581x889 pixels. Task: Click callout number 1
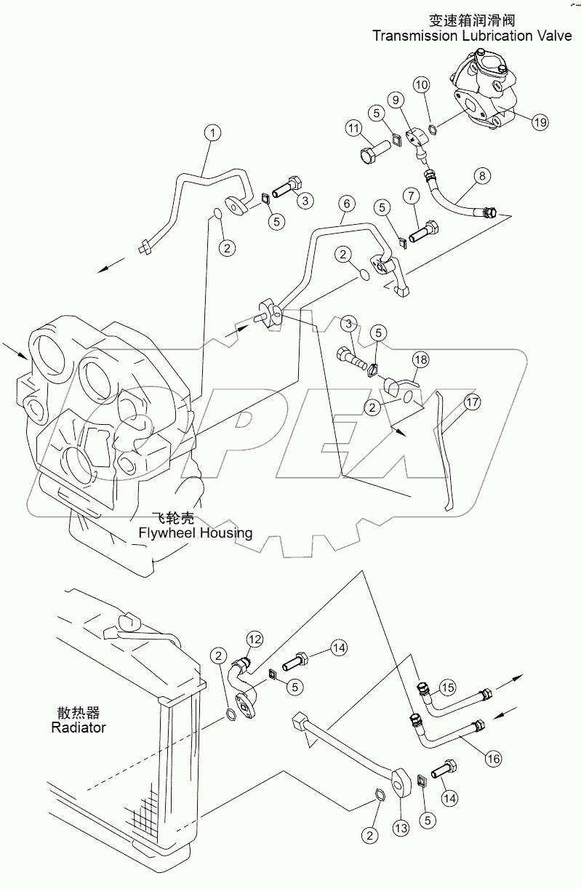tap(212, 132)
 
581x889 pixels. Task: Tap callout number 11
tap(353, 129)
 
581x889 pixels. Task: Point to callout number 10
tap(422, 87)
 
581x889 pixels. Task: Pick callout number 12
tap(254, 639)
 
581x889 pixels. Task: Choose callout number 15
tap(448, 687)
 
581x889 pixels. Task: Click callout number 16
tap(494, 758)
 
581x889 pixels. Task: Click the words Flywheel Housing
tap(196, 533)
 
